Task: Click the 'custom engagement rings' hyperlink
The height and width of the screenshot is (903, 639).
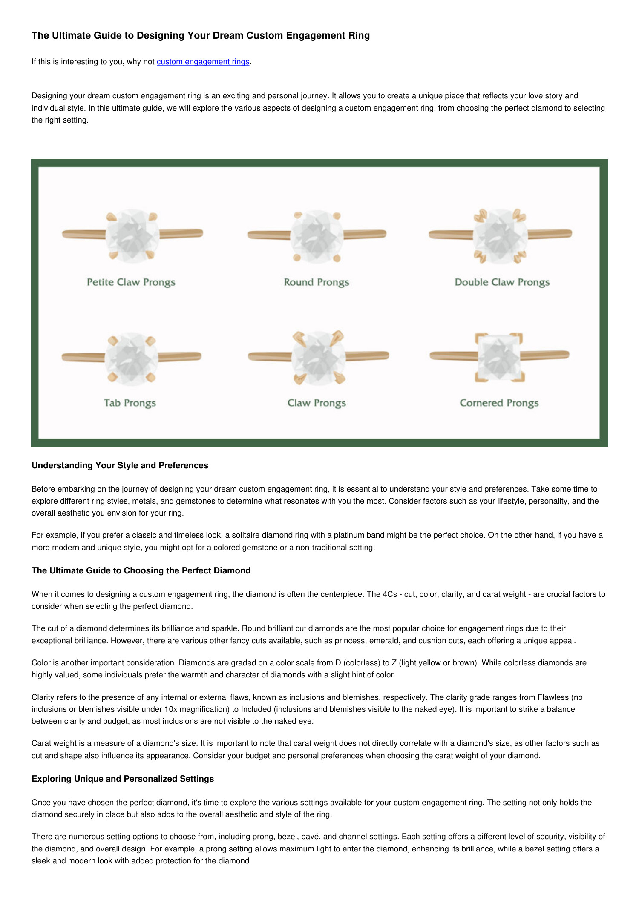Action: pyautogui.click(x=203, y=62)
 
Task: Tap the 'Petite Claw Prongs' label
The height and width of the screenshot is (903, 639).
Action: pyautogui.click(x=131, y=282)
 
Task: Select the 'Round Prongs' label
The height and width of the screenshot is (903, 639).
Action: pyautogui.click(x=317, y=282)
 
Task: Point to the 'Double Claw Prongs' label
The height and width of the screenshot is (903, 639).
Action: pyautogui.click(x=502, y=282)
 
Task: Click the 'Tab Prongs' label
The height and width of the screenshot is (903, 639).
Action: pyautogui.click(x=130, y=403)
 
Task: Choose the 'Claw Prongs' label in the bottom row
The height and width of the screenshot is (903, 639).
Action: pyautogui.click(x=317, y=403)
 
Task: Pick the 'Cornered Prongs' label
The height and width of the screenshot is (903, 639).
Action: pyautogui.click(x=499, y=403)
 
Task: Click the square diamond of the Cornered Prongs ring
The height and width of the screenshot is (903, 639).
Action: pyautogui.click(x=499, y=357)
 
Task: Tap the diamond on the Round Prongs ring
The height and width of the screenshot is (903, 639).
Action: pyautogui.click(x=317, y=235)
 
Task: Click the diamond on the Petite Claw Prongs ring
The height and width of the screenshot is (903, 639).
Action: pyautogui.click(x=132, y=235)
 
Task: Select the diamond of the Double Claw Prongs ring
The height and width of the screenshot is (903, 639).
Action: pyautogui.click(x=500, y=235)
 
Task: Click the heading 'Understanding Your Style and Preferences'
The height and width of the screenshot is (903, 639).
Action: pyautogui.click(x=120, y=465)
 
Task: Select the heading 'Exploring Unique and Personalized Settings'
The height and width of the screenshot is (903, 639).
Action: pyautogui.click(x=123, y=779)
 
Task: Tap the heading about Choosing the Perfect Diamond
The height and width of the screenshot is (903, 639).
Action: pyautogui.click(x=141, y=570)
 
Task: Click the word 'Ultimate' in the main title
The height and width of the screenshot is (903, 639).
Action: pyautogui.click(x=71, y=35)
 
